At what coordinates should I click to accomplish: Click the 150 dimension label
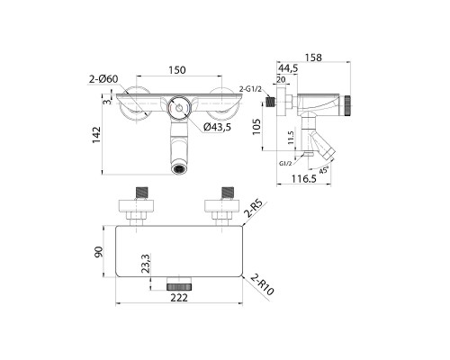coord(177,70)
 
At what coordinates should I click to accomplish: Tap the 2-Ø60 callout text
coord(103,79)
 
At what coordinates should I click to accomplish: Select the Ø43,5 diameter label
coord(217,127)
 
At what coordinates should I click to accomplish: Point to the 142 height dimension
coord(96,135)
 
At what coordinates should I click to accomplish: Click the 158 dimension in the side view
coord(313,58)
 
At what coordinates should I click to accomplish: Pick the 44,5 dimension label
coord(288,68)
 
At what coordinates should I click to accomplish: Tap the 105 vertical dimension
coord(256,127)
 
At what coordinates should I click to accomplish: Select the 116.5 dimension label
coord(304,179)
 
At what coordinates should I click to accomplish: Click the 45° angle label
coord(323,171)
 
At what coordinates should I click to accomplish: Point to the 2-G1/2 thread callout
coord(250,89)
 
